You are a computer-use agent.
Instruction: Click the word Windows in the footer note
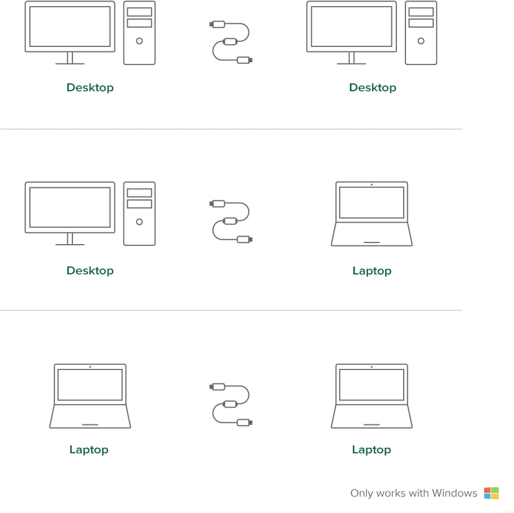(x=454, y=493)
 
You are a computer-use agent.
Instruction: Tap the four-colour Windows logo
(x=491, y=493)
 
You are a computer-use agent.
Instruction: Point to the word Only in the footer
(x=362, y=493)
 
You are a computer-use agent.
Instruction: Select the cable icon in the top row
(x=231, y=42)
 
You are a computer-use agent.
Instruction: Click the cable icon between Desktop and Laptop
(x=231, y=222)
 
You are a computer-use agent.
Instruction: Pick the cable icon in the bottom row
(x=231, y=405)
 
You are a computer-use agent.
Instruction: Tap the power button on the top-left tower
(x=139, y=41)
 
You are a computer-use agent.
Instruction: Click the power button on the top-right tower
(x=421, y=41)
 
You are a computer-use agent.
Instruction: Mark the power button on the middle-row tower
(x=139, y=222)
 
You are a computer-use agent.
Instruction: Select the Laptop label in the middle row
(x=372, y=271)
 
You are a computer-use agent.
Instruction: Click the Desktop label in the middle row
(x=90, y=271)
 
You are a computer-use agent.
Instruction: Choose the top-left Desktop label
(x=90, y=87)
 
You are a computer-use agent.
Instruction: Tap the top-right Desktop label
(x=373, y=87)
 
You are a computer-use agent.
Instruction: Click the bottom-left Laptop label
(x=89, y=450)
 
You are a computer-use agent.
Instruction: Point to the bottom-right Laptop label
(x=372, y=450)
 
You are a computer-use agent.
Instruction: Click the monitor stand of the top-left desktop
(x=70, y=58)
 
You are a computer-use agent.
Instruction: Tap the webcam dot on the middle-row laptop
(x=372, y=184)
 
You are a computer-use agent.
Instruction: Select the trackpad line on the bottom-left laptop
(x=90, y=425)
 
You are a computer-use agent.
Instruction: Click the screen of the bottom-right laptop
(x=372, y=385)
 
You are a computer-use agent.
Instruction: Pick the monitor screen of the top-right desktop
(x=352, y=26)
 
